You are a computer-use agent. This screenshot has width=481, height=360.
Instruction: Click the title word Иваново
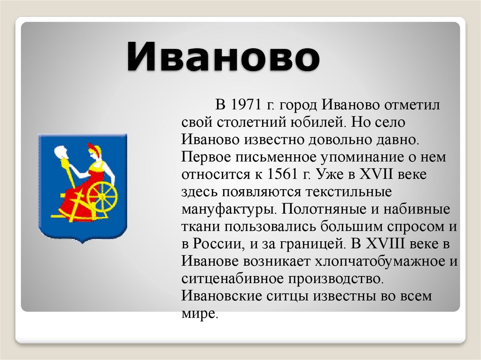[223, 57]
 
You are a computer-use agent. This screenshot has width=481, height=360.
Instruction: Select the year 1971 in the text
[246, 105]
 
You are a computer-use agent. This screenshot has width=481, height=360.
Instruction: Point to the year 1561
[282, 174]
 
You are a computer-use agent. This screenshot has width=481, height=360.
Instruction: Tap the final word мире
[200, 314]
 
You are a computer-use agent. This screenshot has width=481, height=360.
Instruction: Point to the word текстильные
[349, 191]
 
